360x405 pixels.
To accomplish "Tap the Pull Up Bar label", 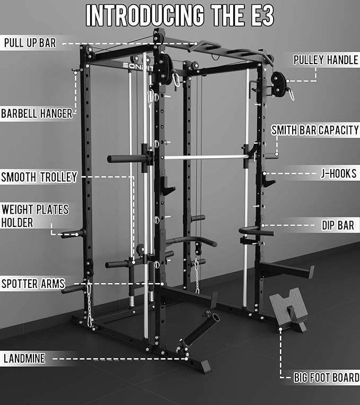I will (30, 43).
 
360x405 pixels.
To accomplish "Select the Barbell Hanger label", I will (36, 113).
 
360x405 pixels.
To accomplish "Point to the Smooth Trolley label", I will (39, 177).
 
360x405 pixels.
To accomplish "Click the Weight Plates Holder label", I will (35, 216).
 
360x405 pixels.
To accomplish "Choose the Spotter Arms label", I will (33, 284).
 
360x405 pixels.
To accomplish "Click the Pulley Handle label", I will (326, 60).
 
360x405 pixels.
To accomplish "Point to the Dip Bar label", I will (338, 226).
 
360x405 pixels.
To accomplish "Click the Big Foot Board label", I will (326, 378).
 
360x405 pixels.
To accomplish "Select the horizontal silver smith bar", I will (201, 157).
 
